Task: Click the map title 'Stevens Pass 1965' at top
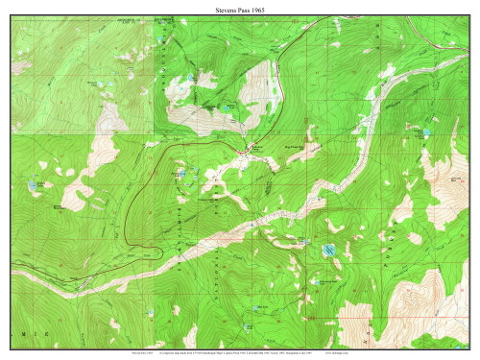click(240, 8)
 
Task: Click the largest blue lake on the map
click(328, 251)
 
